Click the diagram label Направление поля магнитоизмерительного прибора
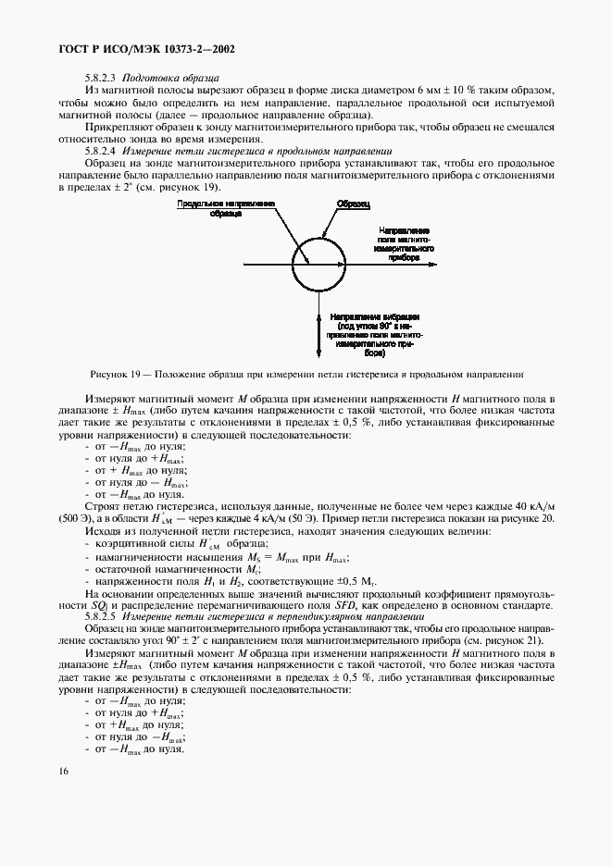[x=403, y=242]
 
